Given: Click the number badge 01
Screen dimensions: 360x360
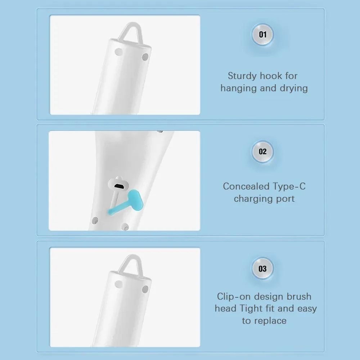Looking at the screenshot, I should [263, 35].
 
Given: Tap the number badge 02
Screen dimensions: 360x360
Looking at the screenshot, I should [263, 152].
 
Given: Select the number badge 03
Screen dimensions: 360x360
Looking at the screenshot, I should [263, 269].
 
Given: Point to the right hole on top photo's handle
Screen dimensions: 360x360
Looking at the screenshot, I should [145, 57].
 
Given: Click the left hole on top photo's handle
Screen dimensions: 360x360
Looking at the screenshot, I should [117, 52].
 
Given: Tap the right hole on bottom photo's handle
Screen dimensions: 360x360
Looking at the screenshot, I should [145, 289].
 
